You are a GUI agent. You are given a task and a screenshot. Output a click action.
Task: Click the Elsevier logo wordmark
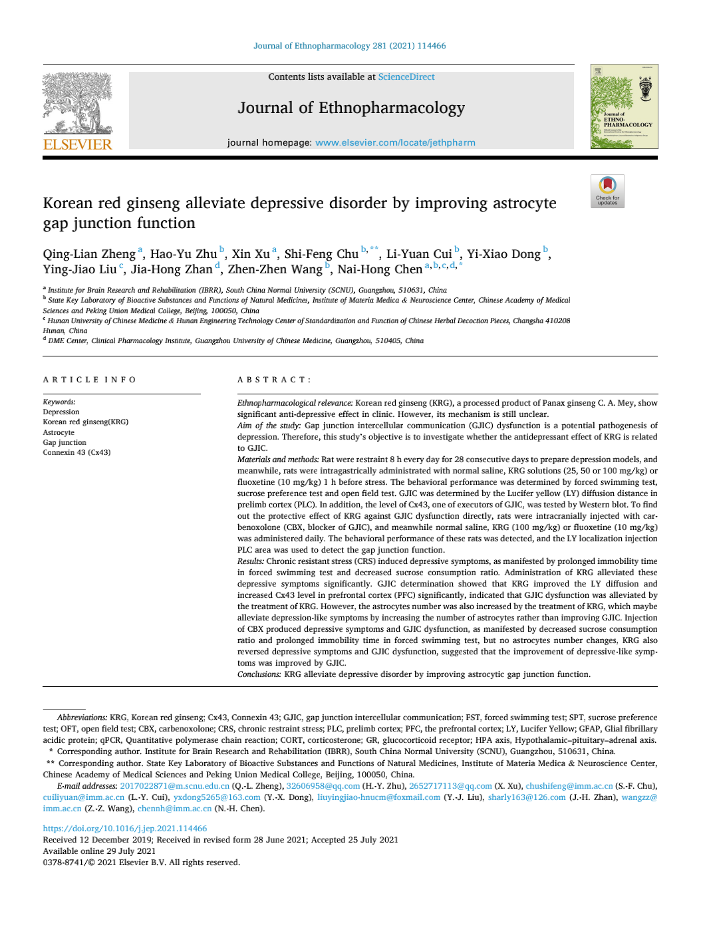[x=78, y=144]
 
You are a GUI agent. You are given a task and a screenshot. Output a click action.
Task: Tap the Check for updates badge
[x=607, y=191]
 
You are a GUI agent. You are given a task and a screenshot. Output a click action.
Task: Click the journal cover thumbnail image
[x=624, y=106]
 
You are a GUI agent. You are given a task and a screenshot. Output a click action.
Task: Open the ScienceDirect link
[x=406, y=77]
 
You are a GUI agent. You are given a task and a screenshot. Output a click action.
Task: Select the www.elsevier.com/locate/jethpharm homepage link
[x=395, y=142]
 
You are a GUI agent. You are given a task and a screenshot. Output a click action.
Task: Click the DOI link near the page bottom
[x=125, y=829]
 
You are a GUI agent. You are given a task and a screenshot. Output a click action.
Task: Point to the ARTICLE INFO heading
[x=90, y=380]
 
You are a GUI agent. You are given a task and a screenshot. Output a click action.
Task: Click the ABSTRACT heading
[x=274, y=380]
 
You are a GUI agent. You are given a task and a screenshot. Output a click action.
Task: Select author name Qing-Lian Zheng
[x=89, y=254]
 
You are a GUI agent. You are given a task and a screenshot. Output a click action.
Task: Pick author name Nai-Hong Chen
[x=380, y=269]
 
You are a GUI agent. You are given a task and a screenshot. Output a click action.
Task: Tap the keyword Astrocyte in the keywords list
[x=59, y=432]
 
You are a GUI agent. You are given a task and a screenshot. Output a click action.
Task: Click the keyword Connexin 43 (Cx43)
[x=76, y=452]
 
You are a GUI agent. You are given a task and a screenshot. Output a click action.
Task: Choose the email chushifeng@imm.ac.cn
[x=569, y=786]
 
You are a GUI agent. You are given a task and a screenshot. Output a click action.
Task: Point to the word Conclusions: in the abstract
[x=259, y=674]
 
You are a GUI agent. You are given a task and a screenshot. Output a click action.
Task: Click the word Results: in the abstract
[x=251, y=561]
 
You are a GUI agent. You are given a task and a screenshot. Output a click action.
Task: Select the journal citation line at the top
[x=350, y=46]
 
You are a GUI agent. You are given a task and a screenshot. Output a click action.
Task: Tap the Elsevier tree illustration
[x=77, y=102]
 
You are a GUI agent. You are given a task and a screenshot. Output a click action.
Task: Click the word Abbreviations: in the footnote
[x=82, y=718]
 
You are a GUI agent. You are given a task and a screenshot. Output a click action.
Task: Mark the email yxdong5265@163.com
[x=217, y=797]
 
